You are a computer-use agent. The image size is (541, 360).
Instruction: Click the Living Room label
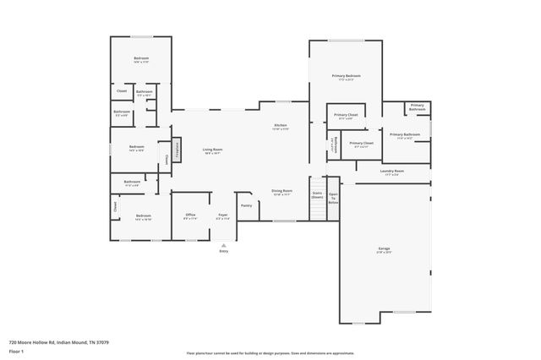coord(211,150)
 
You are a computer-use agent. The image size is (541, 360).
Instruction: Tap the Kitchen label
coord(280,126)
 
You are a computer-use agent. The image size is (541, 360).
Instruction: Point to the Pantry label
coord(246,205)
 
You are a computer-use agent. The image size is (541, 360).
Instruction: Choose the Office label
coord(190,215)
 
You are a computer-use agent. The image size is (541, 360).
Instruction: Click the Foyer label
coord(223,215)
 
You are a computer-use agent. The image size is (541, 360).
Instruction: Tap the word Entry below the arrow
coord(223,251)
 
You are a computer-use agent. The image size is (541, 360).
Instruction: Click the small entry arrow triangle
coord(223,243)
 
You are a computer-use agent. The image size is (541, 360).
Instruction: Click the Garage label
coord(384,248)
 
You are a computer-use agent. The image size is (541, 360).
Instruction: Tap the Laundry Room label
coord(391,171)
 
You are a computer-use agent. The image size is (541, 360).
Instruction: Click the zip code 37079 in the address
coord(103,342)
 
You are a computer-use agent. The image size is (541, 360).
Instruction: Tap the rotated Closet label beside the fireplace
coord(167,156)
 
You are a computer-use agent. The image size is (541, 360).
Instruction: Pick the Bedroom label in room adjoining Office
coord(143,216)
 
